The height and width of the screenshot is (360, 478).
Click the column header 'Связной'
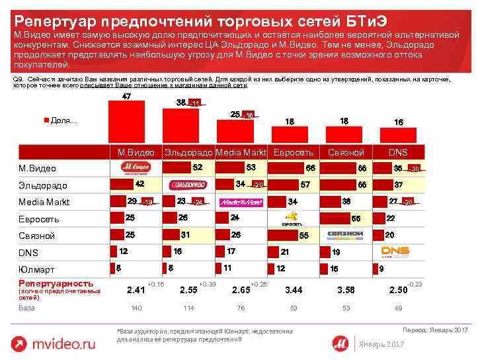(346, 152)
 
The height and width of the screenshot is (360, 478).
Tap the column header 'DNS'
(398, 152)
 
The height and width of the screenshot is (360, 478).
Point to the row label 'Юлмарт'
(36, 269)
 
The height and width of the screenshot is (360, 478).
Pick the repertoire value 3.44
(293, 290)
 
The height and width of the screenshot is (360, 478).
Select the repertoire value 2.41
(136, 290)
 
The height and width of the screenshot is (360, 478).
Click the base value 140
(136, 308)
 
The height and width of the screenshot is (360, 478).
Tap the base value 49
(398, 308)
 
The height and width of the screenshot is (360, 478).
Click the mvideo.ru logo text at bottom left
(63, 343)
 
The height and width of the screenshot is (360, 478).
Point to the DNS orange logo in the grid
(395, 251)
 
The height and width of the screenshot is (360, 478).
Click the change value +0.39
(207, 284)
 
